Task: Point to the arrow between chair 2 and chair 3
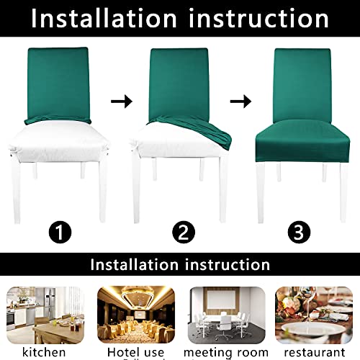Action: coord(245,102)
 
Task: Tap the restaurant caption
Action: coord(315,352)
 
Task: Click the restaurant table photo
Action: coord(315,312)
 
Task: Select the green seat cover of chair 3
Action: coord(302,137)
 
